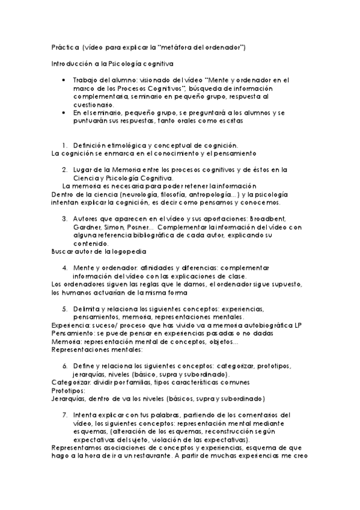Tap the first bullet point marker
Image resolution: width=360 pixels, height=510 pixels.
(x=65, y=79)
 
